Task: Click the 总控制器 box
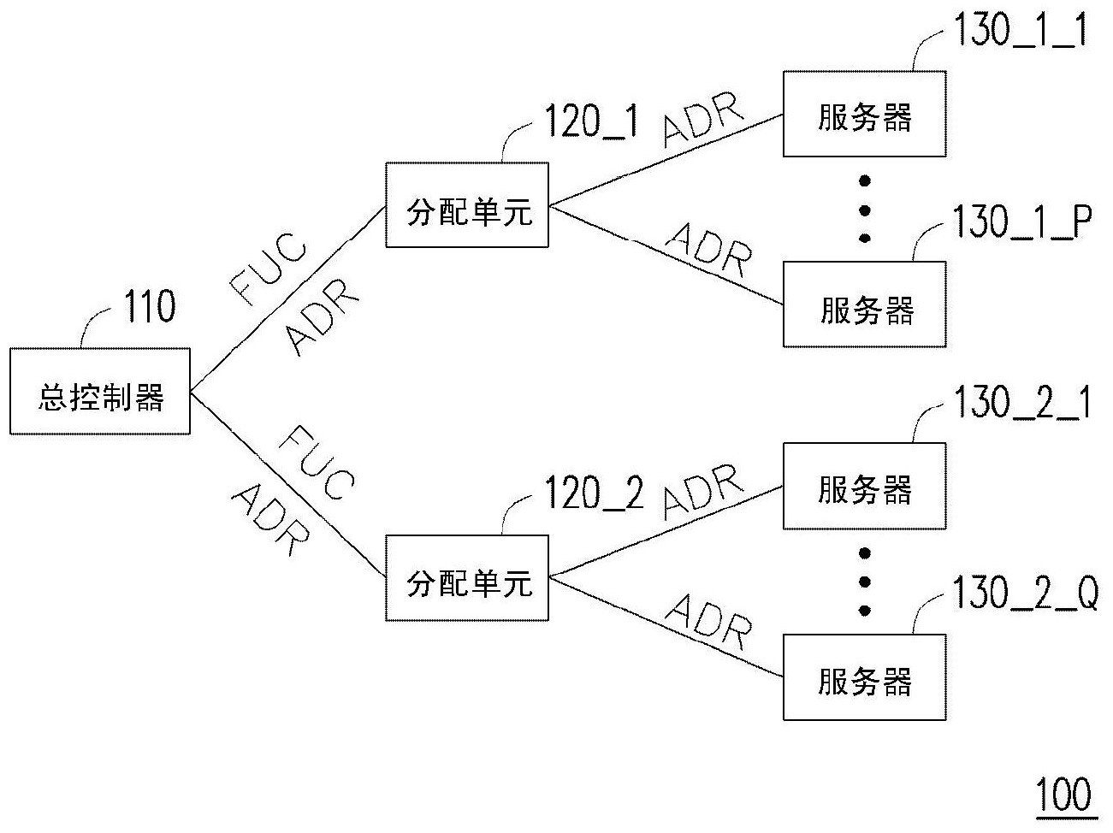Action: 100,391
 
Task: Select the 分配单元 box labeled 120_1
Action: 467,205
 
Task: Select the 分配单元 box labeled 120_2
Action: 467,578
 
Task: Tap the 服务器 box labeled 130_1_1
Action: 864,115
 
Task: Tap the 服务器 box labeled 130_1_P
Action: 864,305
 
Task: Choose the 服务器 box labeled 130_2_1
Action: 864,486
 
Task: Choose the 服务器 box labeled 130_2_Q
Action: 864,677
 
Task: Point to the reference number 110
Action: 150,307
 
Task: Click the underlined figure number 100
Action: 1063,795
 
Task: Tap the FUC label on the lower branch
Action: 316,462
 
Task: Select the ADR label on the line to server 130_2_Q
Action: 709,622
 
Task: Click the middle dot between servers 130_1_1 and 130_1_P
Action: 865,210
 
